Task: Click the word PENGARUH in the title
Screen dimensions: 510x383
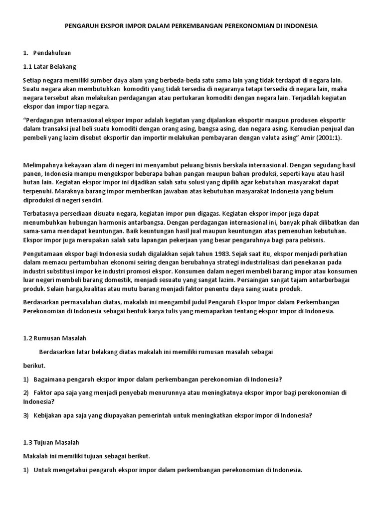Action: [81, 25]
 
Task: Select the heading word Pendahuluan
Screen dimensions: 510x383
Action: [52, 52]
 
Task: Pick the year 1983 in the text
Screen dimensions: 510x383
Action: [196, 254]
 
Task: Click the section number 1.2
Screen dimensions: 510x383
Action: [28, 338]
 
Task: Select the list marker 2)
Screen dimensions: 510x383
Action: [26, 392]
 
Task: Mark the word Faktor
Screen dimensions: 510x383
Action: [43, 392]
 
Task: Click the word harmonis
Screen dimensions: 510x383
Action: [150, 222]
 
